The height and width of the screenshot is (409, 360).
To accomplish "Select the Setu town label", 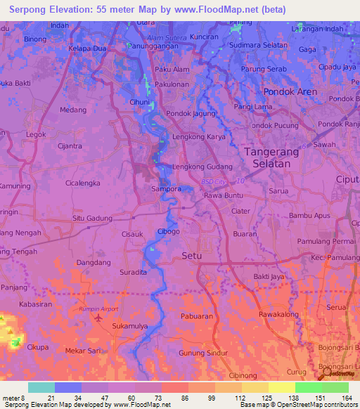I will click(192, 256).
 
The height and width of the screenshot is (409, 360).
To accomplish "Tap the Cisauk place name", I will click(132, 234).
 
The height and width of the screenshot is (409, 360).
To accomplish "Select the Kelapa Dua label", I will click(87, 48).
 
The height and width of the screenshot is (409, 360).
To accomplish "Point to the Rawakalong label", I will click(280, 314).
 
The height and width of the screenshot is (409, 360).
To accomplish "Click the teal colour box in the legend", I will click(41, 387).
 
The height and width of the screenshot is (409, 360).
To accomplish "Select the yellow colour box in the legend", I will click(281, 387).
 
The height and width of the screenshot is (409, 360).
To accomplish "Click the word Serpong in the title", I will click(28, 10).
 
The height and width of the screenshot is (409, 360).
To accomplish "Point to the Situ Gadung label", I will click(92, 219).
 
